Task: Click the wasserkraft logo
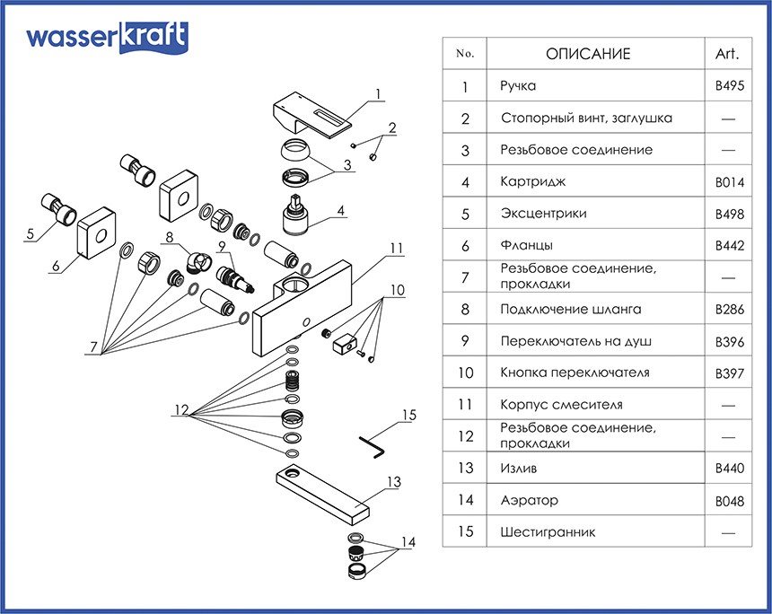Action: [x=107, y=38]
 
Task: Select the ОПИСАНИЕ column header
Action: [x=588, y=54]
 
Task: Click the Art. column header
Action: [x=727, y=54]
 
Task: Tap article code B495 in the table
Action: [x=729, y=87]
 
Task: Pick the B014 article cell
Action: [x=729, y=182]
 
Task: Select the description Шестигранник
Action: [x=547, y=532]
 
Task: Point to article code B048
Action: [x=729, y=501]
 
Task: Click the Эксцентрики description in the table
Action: [x=543, y=214]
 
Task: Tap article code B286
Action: [x=729, y=310]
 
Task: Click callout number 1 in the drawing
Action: [x=379, y=93]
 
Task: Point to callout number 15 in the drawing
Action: [x=409, y=415]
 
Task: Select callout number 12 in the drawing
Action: [x=182, y=410]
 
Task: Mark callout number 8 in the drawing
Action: [x=168, y=239]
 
